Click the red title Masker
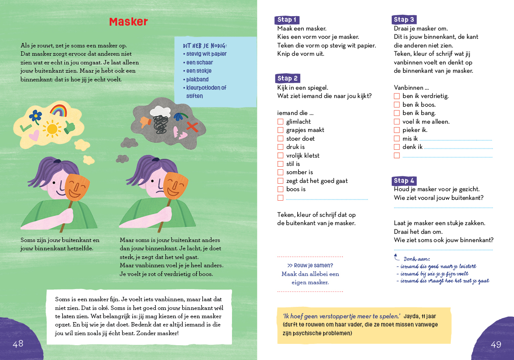(128, 22)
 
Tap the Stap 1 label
(287, 20)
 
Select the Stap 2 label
(287, 78)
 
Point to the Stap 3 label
(404, 20)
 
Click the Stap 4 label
(404, 181)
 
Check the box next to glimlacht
(280, 122)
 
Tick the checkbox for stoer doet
(280, 138)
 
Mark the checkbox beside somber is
(280, 172)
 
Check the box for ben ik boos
(396, 104)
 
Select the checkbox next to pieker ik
(396, 130)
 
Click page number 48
(18, 344)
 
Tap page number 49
(496, 345)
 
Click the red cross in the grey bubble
(192, 126)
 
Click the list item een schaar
(200, 63)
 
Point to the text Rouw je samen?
(310, 266)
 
